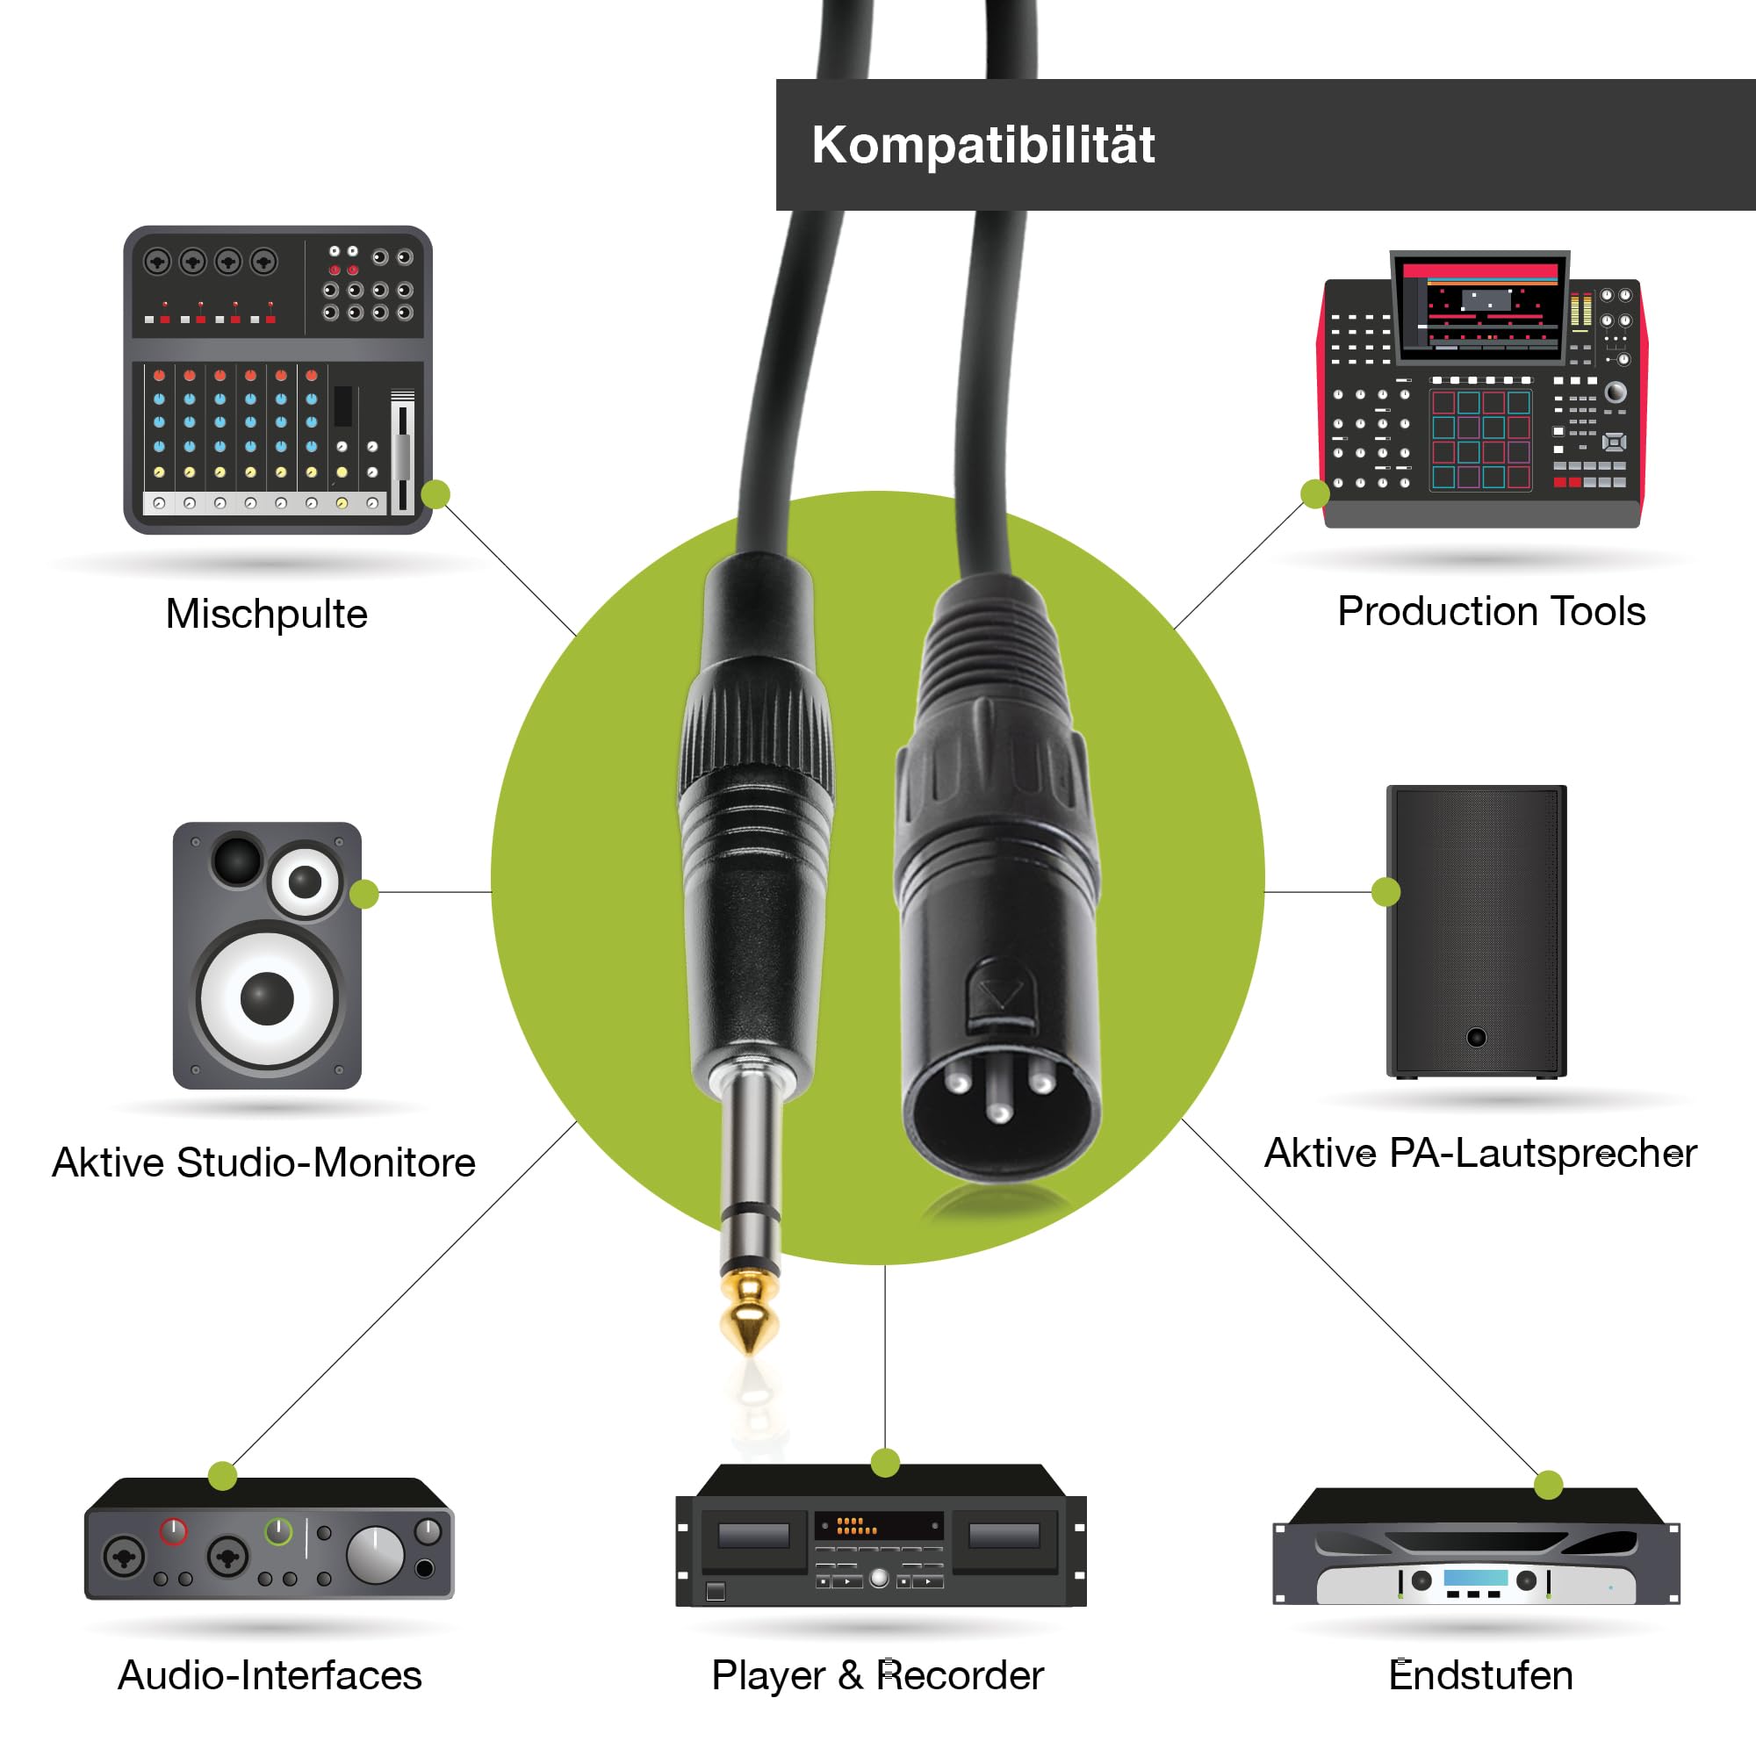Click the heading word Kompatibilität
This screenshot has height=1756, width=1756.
coord(982,146)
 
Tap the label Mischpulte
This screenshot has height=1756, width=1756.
coord(266,615)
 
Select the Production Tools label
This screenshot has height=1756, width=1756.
coord(1491,612)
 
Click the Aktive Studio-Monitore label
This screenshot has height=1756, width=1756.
coord(263,1162)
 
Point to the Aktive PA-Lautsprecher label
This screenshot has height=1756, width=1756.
coord(1479,1154)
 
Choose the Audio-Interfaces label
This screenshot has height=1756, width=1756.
coord(270,1675)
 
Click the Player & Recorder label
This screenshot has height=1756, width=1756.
coord(877,1675)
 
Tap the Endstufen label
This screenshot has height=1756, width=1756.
coord(1479,1675)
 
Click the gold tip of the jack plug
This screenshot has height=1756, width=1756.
coord(749,1313)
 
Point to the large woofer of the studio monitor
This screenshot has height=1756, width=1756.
coord(267,997)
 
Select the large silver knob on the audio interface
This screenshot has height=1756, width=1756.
coord(376,1554)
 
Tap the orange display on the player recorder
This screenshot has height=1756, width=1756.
coord(857,1525)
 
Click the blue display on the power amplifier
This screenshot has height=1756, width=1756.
coord(1475,1578)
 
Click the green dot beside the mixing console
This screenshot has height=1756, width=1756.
coord(435,493)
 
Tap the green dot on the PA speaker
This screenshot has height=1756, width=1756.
coord(1385,892)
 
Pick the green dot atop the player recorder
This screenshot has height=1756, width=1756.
coord(884,1463)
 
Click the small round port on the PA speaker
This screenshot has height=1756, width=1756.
coord(1476,1037)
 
